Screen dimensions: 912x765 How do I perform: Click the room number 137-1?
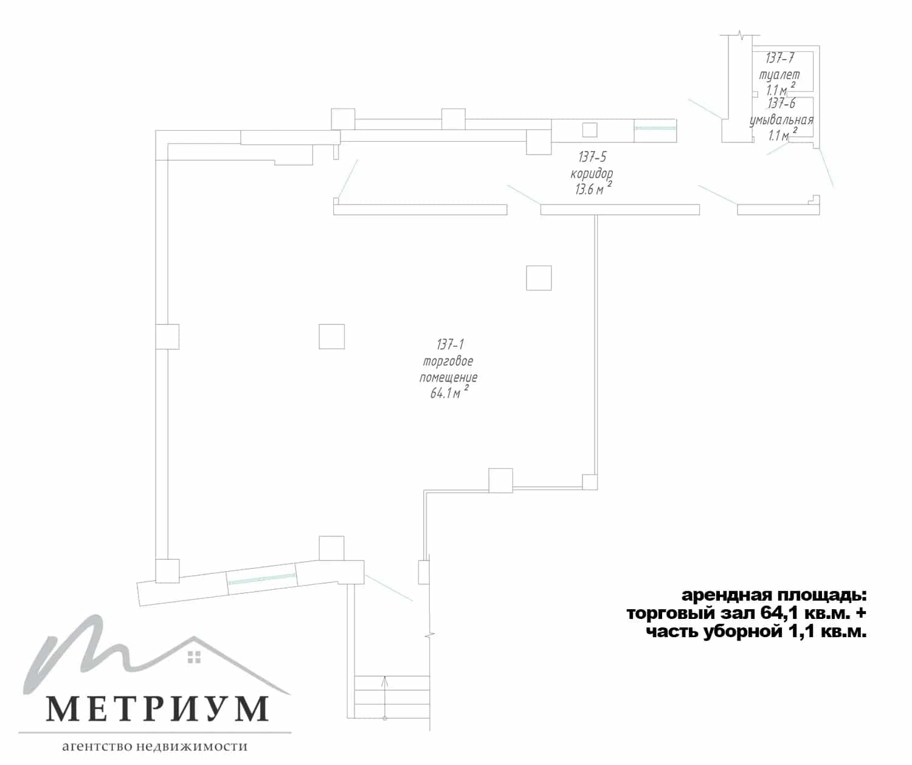450,345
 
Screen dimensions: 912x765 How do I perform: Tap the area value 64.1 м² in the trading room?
449,392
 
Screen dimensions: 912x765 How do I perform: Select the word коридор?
592,173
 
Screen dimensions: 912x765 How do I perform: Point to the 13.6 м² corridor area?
593,189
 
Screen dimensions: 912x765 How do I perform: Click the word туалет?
779,75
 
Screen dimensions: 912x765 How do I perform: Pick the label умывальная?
781,121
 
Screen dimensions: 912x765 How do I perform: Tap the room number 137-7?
780,58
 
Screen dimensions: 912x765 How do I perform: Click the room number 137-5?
592,156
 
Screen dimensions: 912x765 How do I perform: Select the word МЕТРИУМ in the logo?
157,708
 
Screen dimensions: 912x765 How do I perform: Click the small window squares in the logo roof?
194,657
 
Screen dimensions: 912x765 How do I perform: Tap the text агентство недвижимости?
154,746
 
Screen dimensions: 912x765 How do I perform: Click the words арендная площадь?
774,595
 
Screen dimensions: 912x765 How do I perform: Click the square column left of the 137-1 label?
331,337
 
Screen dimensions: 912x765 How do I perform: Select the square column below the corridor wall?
539,278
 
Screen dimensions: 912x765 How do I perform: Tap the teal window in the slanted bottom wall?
262,579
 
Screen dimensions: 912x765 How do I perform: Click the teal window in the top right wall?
655,128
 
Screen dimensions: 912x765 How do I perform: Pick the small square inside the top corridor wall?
590,130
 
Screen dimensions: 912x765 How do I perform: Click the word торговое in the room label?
448,362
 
